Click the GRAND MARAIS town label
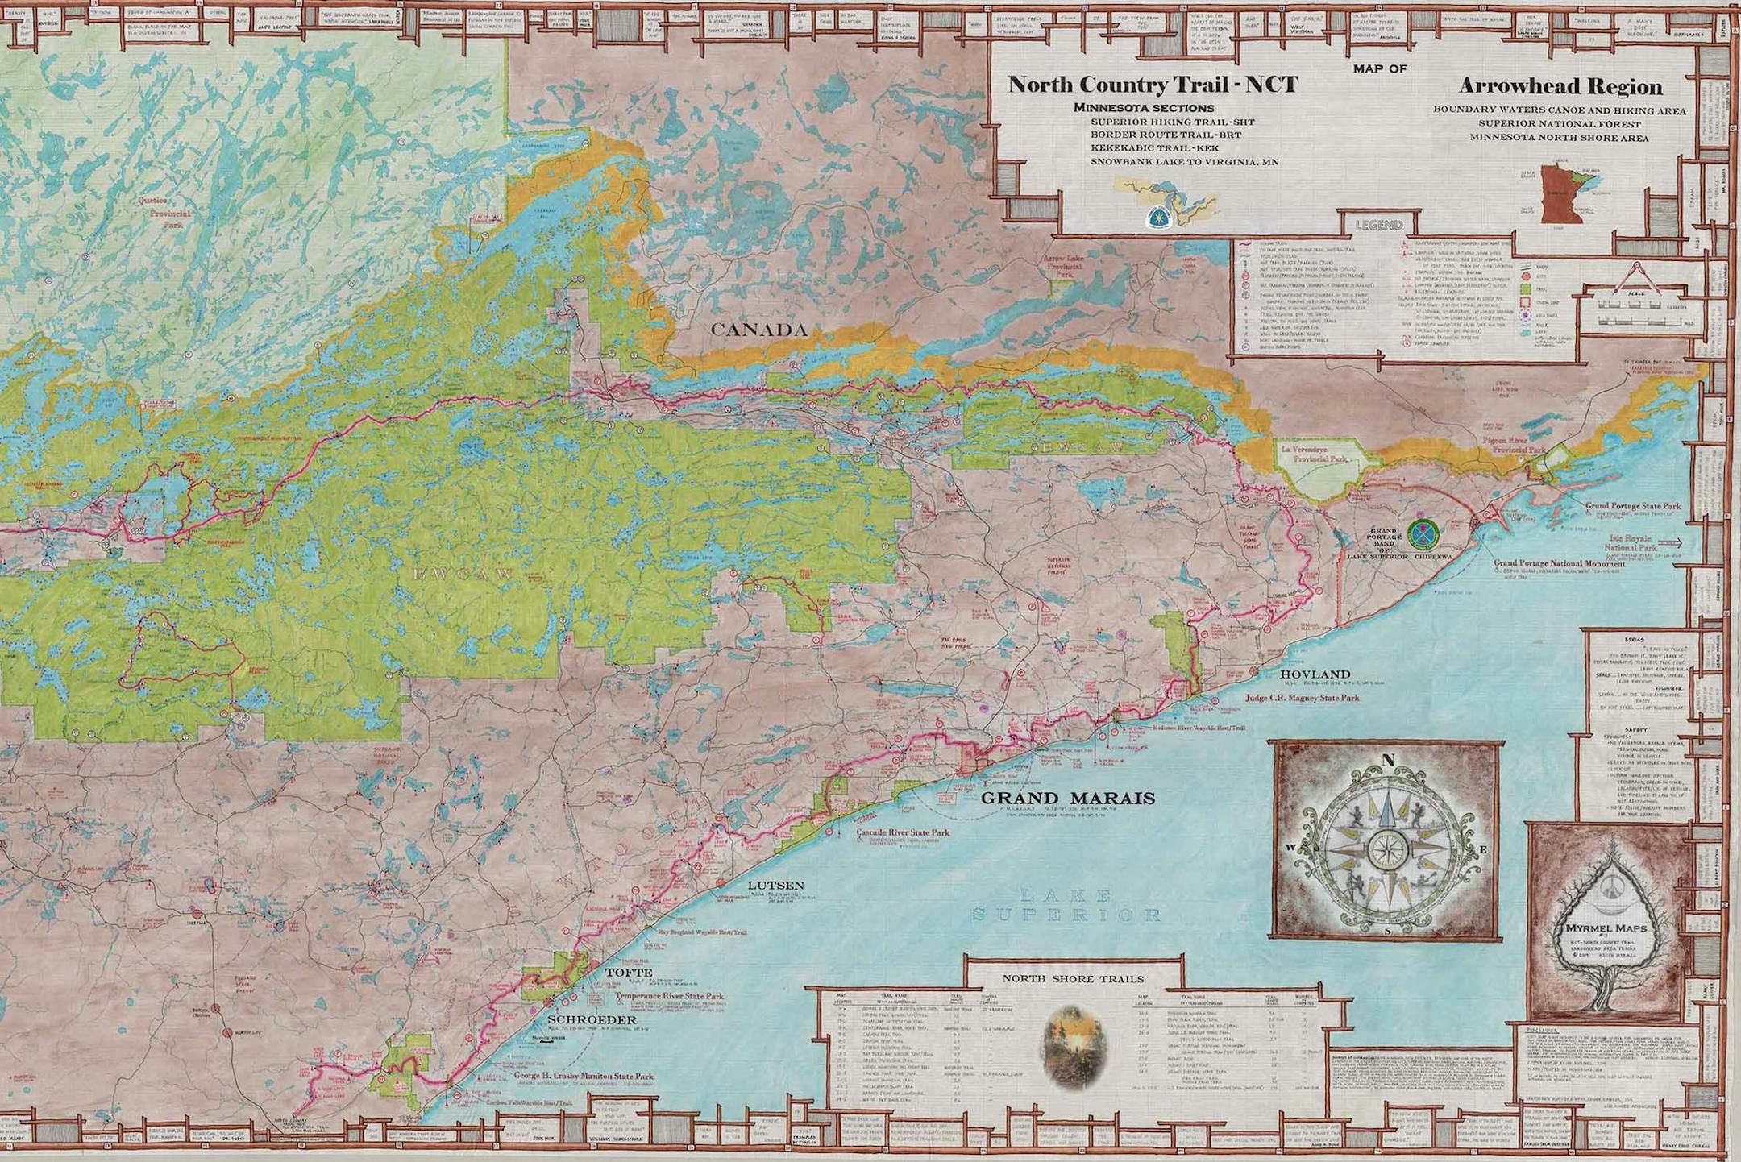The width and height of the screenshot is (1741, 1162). pos(1068,799)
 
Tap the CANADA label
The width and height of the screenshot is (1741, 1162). pos(758,330)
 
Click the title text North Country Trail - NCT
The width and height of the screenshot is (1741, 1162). pos(1153,85)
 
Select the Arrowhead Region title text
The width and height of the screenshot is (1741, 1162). pos(1560,87)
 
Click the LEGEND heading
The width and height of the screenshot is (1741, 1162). pos(1378,225)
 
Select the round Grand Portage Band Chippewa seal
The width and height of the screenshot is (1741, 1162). pos(1423,532)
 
